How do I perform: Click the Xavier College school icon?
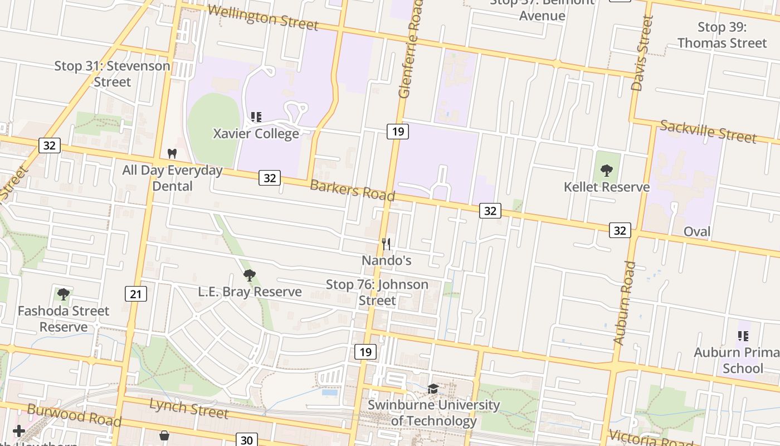point(256,117)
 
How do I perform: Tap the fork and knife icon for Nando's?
point(386,244)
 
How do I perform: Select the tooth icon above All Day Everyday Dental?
point(172,153)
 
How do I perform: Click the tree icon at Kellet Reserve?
point(607,170)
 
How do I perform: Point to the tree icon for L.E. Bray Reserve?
point(250,275)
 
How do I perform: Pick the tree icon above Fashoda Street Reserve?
point(64,294)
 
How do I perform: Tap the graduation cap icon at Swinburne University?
point(433,389)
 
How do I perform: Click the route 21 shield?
point(136,294)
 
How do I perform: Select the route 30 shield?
point(247,440)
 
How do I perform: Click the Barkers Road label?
point(352,191)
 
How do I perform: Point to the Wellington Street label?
point(263,17)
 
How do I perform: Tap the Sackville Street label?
point(708,132)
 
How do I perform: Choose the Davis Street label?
point(642,53)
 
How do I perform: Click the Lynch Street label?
point(189,408)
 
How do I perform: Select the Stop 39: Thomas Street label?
point(722,35)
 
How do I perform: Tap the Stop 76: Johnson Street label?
point(377,292)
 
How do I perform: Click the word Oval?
point(697,231)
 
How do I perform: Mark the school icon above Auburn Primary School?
point(743,336)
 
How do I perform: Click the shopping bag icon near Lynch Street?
point(164,435)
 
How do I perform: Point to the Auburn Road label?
point(625,303)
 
